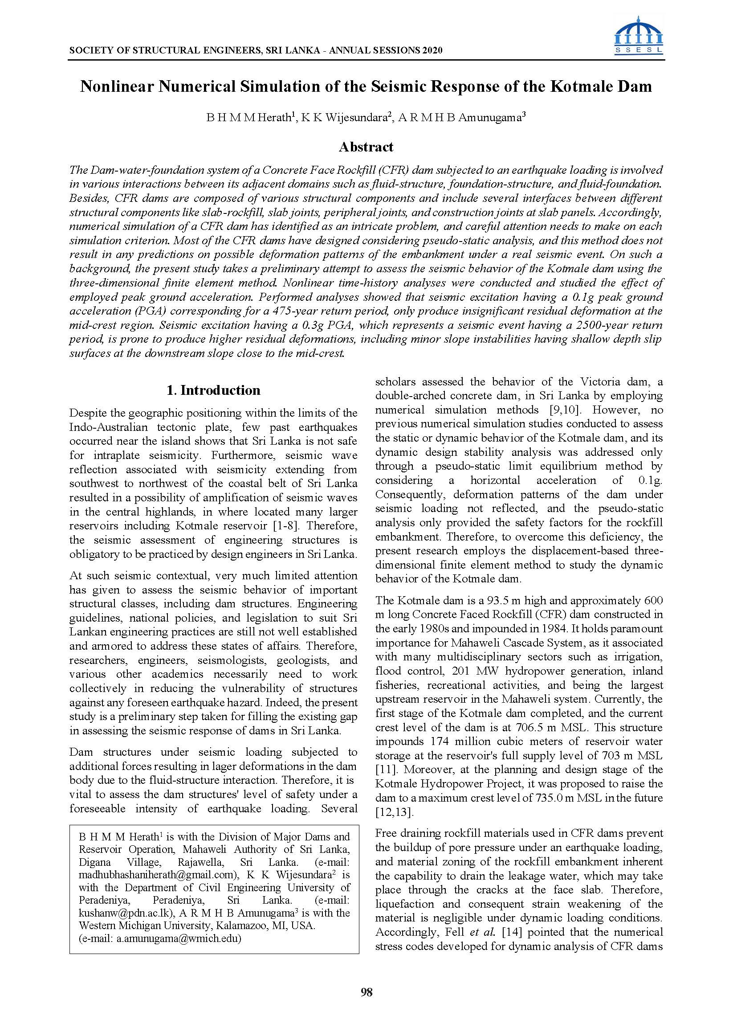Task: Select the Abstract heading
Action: tap(366, 147)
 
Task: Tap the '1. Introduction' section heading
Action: tap(213, 390)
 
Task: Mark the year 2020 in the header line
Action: tap(432, 51)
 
